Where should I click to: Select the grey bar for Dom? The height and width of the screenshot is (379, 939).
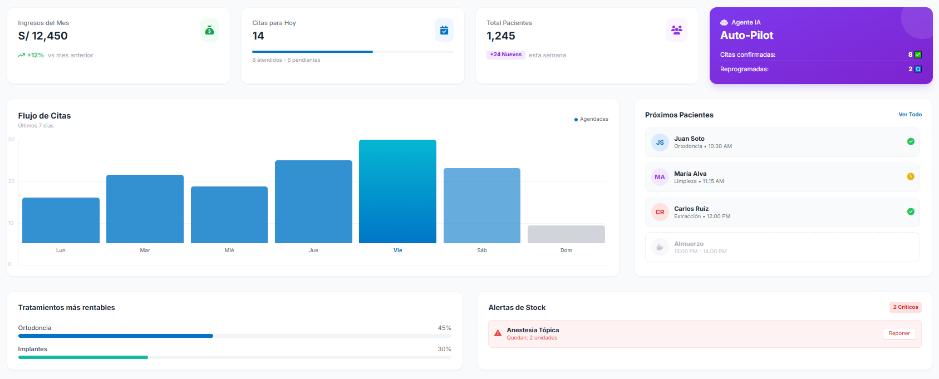point(566,234)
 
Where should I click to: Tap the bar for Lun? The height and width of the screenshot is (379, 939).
point(61,220)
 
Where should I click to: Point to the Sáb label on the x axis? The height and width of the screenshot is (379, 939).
point(482,250)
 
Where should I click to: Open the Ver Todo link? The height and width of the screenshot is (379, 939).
point(910,115)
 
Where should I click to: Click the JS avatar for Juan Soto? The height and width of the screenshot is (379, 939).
point(660,142)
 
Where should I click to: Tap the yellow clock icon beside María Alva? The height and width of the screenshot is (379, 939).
point(911,176)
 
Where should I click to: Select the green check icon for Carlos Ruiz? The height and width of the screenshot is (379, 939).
point(911,211)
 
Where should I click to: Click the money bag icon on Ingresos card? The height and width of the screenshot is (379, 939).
point(209,30)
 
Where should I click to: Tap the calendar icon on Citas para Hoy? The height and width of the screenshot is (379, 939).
point(444,30)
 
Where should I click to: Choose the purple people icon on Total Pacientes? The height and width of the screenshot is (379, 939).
point(676,30)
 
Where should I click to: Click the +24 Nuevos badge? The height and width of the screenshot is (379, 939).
point(506,55)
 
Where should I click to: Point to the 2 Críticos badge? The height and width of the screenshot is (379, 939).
point(906,307)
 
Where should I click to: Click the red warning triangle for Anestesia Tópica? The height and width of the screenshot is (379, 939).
point(498,333)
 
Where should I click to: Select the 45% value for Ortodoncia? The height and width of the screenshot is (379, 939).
point(444,328)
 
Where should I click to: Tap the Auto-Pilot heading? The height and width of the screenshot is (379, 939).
point(746,35)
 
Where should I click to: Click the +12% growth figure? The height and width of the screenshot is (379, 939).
point(35,55)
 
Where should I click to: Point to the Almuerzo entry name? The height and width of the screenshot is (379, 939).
point(689,244)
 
